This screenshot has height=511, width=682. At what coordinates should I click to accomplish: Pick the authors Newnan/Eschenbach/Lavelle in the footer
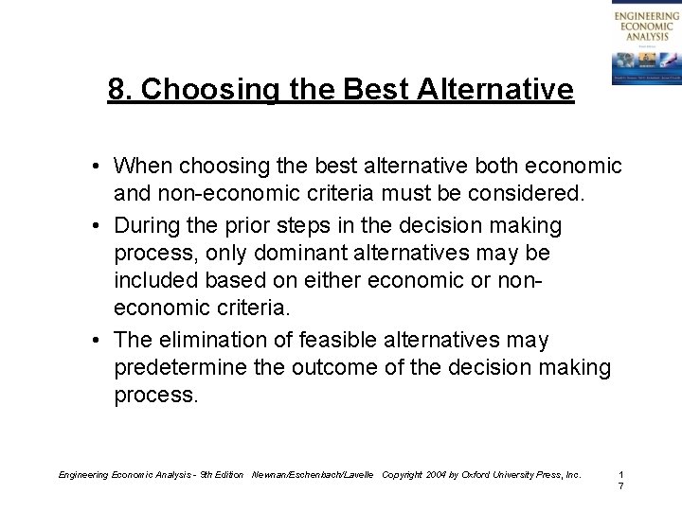(x=313, y=473)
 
